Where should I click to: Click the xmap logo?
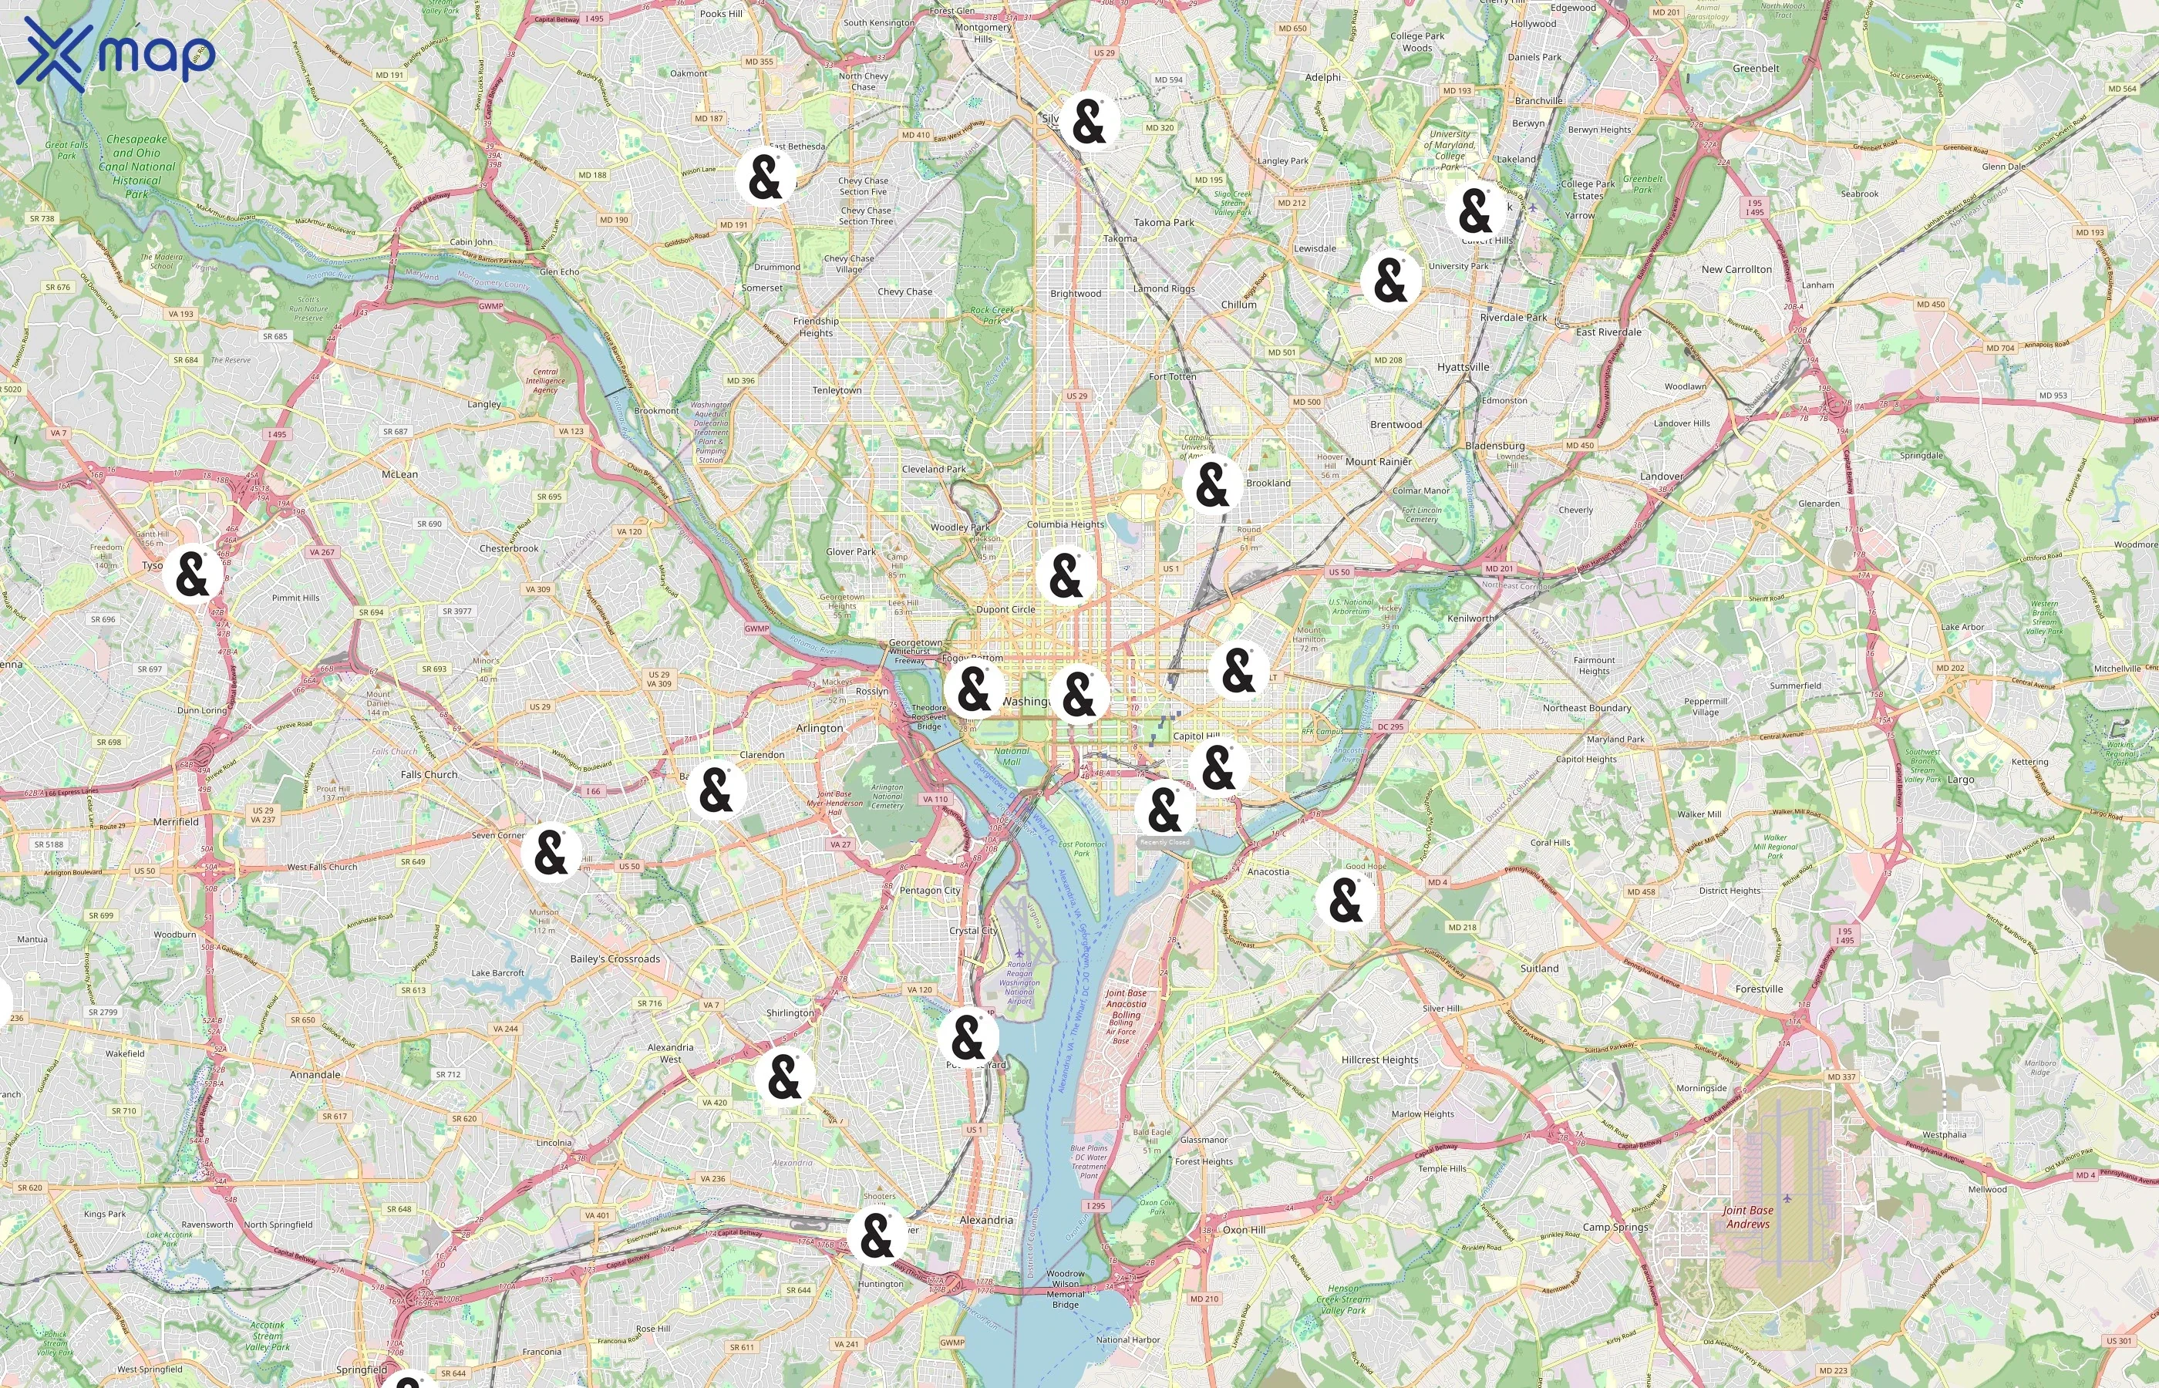(x=116, y=54)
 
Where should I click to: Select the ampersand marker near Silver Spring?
(x=1089, y=122)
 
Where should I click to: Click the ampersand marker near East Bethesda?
(x=765, y=177)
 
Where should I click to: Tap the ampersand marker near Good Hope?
(x=1346, y=899)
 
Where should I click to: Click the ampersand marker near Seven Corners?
(x=551, y=852)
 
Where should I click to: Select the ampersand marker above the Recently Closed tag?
(x=1164, y=810)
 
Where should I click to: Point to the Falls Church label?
(x=429, y=774)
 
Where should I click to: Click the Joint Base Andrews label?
(x=1747, y=1217)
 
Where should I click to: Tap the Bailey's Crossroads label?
(x=615, y=959)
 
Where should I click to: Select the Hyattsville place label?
(x=1463, y=367)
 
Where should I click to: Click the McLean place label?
(x=399, y=474)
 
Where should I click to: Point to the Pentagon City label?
(x=930, y=891)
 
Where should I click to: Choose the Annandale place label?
(x=315, y=1074)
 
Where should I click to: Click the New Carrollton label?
(x=1736, y=269)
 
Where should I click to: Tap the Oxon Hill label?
(x=1244, y=1229)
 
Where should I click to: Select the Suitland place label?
(x=1539, y=968)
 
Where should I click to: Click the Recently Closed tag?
(x=1165, y=843)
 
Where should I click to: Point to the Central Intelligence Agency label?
(x=545, y=380)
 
